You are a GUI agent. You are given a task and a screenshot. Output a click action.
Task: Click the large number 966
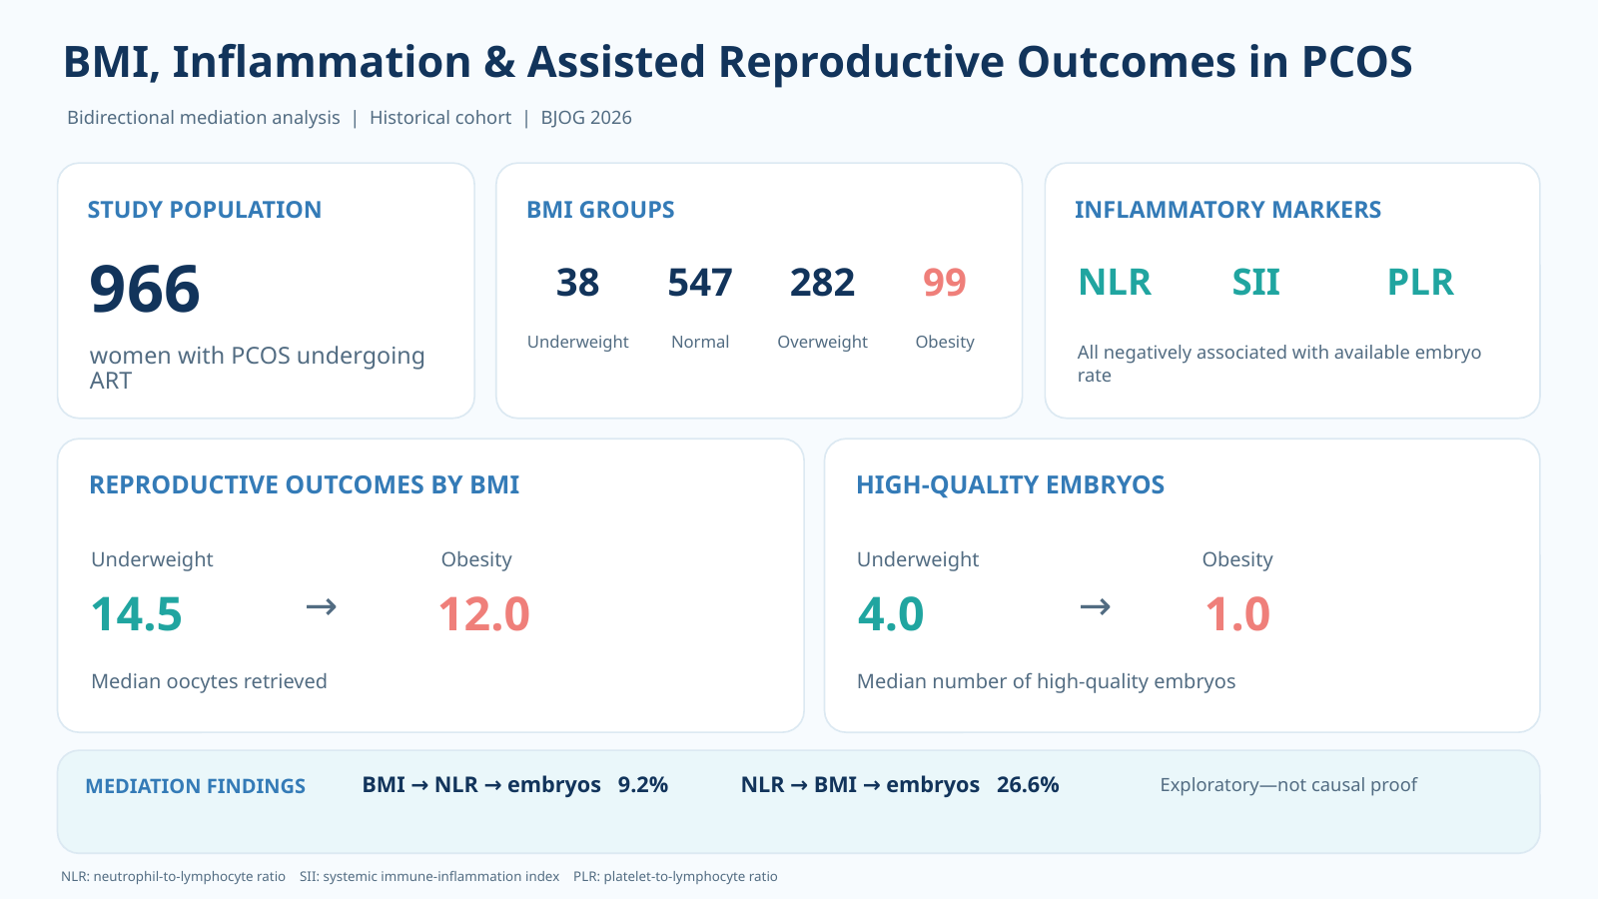point(144,289)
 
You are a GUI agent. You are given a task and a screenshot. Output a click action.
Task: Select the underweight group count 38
point(577,282)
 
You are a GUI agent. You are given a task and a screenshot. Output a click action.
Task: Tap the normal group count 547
point(699,282)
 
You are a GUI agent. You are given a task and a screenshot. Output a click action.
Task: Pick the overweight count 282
point(822,282)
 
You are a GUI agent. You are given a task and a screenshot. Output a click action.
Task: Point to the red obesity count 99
point(945,282)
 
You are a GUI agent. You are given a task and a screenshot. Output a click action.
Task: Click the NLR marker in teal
point(1115,282)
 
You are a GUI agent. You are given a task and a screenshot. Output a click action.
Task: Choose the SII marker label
point(1255,282)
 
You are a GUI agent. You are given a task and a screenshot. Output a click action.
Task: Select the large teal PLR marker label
point(1420,282)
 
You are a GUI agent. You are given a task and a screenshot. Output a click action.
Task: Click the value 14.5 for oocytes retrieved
point(137,614)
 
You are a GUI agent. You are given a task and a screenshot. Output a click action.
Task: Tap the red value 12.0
point(484,614)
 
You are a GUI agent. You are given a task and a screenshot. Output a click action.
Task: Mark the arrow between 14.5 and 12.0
point(322,607)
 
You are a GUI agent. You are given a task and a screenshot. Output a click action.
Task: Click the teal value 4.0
point(890,614)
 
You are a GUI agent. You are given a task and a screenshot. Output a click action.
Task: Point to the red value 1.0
point(1237,614)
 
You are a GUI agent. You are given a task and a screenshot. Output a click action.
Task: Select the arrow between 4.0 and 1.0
point(1095,607)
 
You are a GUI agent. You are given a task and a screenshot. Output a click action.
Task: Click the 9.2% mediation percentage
point(642,785)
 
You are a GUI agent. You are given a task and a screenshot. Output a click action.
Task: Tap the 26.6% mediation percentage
point(1027,785)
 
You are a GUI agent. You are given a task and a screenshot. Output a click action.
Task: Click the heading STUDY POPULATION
point(204,210)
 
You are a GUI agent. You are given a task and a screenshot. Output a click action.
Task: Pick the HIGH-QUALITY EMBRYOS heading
point(1010,484)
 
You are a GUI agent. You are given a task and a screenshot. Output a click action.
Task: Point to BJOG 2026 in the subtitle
point(586,118)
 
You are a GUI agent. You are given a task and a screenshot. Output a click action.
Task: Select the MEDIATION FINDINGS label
point(195,786)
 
